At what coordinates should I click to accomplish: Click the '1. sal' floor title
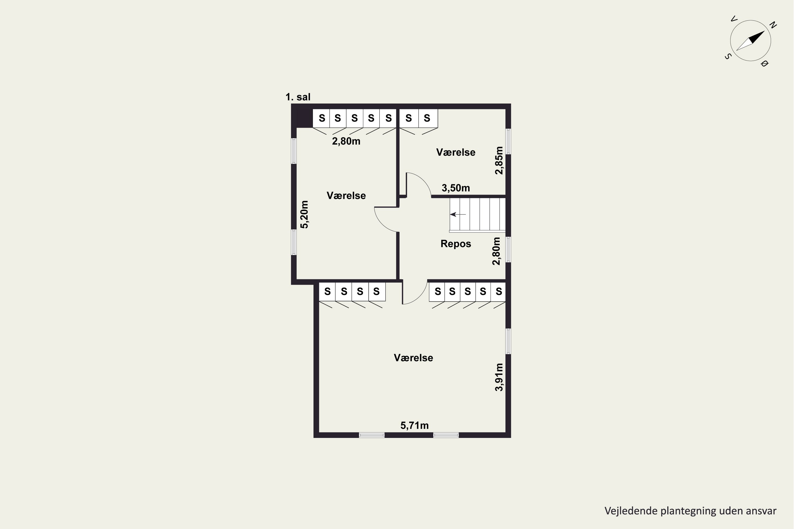(x=298, y=97)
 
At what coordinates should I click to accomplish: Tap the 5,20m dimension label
(x=305, y=215)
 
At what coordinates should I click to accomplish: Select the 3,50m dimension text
(x=456, y=188)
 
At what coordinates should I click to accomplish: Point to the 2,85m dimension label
(x=499, y=160)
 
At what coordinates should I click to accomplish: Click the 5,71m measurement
(x=414, y=425)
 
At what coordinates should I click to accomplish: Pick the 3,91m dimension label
(x=499, y=377)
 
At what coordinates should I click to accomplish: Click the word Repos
(x=456, y=244)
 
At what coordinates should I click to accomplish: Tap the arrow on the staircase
(x=458, y=214)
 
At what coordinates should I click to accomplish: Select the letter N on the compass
(x=773, y=25)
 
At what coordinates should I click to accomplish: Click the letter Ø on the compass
(x=765, y=63)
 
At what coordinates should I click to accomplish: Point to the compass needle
(x=750, y=41)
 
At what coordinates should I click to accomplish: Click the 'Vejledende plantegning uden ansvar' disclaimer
(x=690, y=511)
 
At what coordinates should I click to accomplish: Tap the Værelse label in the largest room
(x=413, y=358)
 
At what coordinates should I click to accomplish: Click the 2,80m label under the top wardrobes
(x=346, y=141)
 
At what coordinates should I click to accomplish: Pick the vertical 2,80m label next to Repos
(x=496, y=251)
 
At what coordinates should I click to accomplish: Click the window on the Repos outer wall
(x=508, y=249)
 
